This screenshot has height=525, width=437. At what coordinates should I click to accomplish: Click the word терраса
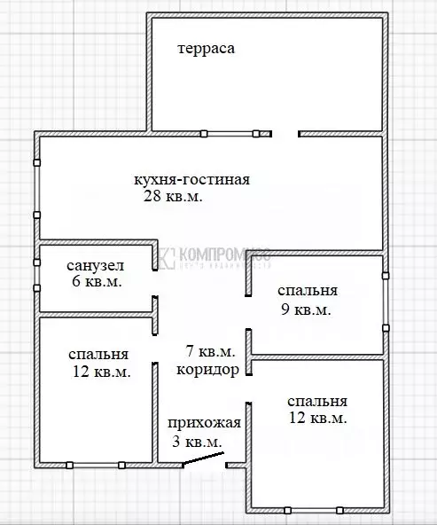tap(206, 49)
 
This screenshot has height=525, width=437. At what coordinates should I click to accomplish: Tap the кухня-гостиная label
tap(191, 180)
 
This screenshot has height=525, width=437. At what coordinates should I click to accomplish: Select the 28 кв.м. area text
tap(173, 197)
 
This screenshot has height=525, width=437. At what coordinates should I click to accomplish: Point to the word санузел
tap(95, 265)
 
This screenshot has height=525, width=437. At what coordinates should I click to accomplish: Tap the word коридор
tap(207, 370)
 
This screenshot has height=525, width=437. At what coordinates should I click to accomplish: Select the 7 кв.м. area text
tap(210, 351)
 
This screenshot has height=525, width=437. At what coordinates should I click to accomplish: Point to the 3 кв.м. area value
tap(196, 442)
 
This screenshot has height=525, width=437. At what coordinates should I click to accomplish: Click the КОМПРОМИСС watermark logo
tap(213, 257)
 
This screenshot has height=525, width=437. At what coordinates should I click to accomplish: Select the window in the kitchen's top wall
tap(230, 134)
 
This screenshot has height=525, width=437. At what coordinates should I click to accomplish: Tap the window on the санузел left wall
tap(36, 275)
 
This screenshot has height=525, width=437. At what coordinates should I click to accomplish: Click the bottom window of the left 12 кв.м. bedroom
tap(96, 464)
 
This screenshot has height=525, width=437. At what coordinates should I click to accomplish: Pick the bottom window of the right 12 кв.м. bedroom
tap(313, 510)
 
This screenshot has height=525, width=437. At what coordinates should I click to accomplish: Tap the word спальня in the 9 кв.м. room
tap(308, 291)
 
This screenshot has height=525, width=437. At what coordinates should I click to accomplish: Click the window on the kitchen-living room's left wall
tap(36, 189)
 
